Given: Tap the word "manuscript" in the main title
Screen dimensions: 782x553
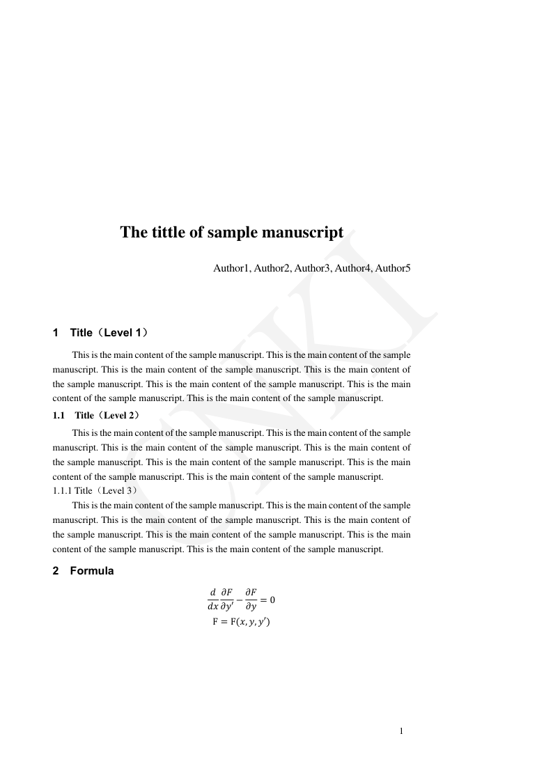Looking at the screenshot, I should click(304, 232).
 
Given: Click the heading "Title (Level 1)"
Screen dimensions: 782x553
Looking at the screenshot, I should click(109, 333).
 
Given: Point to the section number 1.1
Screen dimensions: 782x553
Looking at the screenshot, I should click(59, 416).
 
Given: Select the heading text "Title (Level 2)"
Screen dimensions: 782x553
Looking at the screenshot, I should click(107, 416).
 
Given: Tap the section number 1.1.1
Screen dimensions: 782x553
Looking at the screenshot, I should click(63, 490).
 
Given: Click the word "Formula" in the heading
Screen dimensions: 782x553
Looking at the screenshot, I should click(92, 572).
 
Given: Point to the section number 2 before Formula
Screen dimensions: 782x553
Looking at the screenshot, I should click(56, 572).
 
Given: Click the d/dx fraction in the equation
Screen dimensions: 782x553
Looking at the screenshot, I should click(212, 600).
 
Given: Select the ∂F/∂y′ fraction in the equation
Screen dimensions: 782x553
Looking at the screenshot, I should click(230, 600).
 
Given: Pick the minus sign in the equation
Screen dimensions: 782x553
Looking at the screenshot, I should click(241, 600).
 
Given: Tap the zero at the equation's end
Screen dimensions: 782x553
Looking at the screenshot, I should click(272, 600).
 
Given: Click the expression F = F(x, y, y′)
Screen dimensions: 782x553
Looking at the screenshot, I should click(241, 622).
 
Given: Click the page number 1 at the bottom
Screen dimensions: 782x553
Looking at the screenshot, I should click(402, 731).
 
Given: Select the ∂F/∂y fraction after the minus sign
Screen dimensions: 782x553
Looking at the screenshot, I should click(252, 600).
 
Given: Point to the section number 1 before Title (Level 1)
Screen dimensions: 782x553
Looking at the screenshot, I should click(56, 333).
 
